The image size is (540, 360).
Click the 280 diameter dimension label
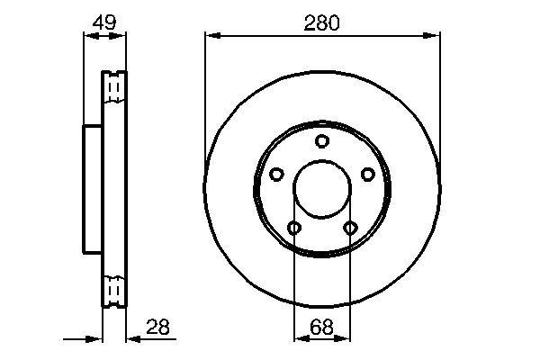[x=322, y=24]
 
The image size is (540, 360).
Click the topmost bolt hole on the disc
[x=322, y=141]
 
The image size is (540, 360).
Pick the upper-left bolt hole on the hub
[x=277, y=174]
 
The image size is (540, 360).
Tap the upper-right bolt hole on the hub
[x=367, y=174]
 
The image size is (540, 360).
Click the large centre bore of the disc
[x=322, y=189]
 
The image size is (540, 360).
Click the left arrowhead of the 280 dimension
[x=211, y=36]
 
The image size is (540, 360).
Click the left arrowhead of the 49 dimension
[x=88, y=36]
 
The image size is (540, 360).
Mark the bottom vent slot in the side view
[x=114, y=291]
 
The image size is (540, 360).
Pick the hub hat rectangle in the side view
[x=93, y=189]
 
